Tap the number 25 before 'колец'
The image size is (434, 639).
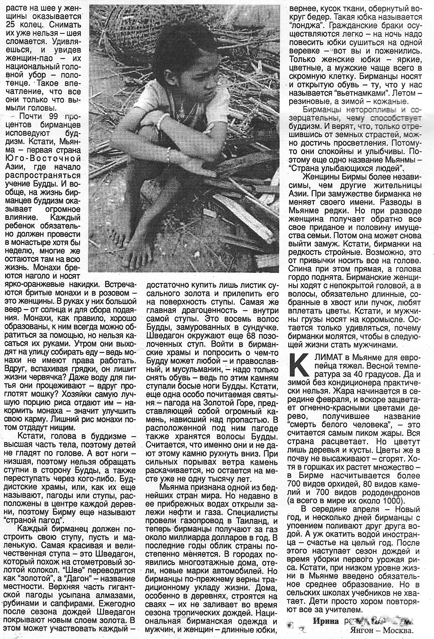point(12,24)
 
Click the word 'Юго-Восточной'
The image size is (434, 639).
point(43,159)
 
